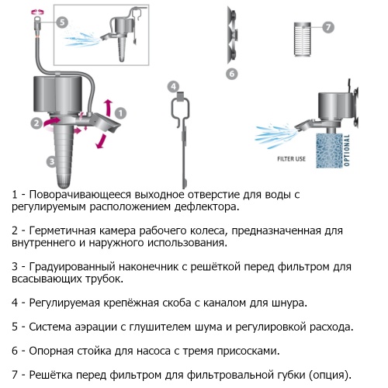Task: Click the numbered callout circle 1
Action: click(120, 113)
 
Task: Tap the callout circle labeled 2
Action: click(36, 123)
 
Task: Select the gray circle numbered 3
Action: click(52, 161)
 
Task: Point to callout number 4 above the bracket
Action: click(173, 86)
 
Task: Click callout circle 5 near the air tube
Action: click(62, 22)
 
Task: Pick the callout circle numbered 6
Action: click(232, 74)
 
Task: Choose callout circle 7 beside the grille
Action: click(328, 27)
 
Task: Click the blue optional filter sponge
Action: click(330, 151)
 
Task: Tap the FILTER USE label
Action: click(291, 159)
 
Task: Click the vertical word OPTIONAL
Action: click(347, 150)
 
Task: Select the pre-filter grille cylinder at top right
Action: click(303, 40)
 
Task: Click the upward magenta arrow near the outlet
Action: click(109, 108)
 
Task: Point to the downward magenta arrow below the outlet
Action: click(101, 141)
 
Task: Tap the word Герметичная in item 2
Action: click(62, 230)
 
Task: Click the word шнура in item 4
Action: click(289, 303)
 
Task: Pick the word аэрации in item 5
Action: click(95, 327)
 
